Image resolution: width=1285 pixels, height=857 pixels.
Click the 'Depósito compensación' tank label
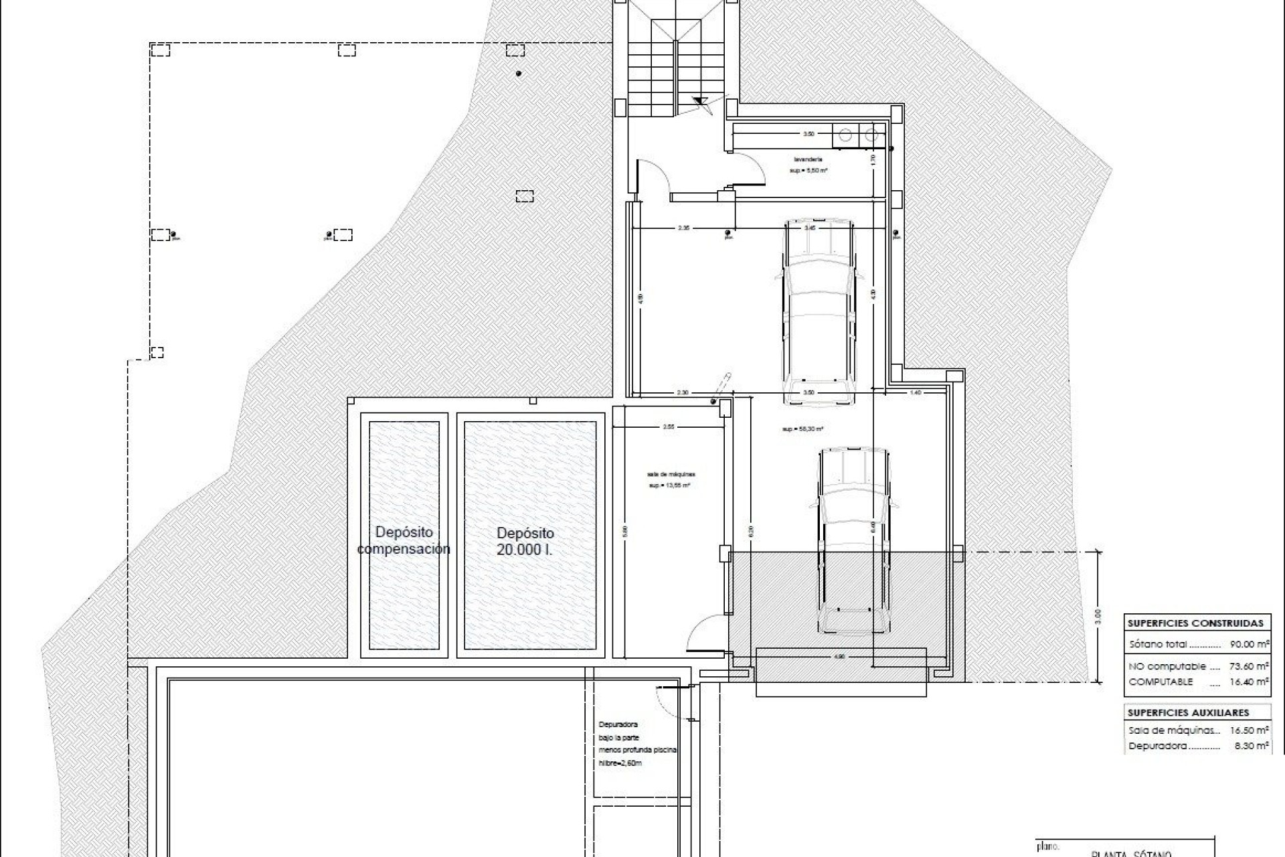pyautogui.click(x=404, y=540)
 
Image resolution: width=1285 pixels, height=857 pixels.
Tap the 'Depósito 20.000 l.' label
pyautogui.click(x=525, y=541)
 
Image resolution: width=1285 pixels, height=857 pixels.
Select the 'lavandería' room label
pyautogui.click(x=808, y=159)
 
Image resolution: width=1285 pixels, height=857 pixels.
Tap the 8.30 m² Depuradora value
pyautogui.click(x=1250, y=746)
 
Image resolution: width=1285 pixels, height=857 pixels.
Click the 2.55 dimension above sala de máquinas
pyautogui.click(x=668, y=426)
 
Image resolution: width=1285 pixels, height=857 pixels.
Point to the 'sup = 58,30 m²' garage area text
pyautogui.click(x=802, y=429)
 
